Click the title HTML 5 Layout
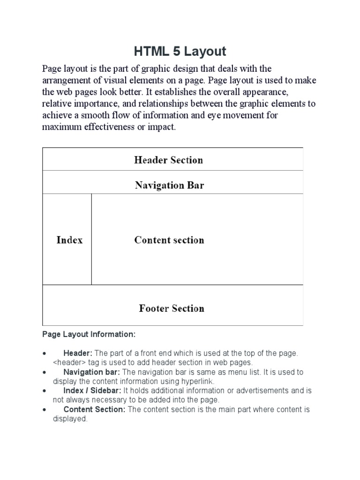point(180,51)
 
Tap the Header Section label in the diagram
point(168,160)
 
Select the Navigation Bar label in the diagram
point(169,185)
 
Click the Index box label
point(69,240)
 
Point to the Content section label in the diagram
point(169,240)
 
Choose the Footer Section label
point(171,308)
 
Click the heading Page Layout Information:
point(89,335)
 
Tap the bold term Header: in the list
point(78,353)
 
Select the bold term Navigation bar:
point(91,372)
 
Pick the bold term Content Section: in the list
point(94,409)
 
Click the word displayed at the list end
point(70,419)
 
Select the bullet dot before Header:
point(44,353)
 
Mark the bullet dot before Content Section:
point(44,409)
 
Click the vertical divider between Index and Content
point(91,239)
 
